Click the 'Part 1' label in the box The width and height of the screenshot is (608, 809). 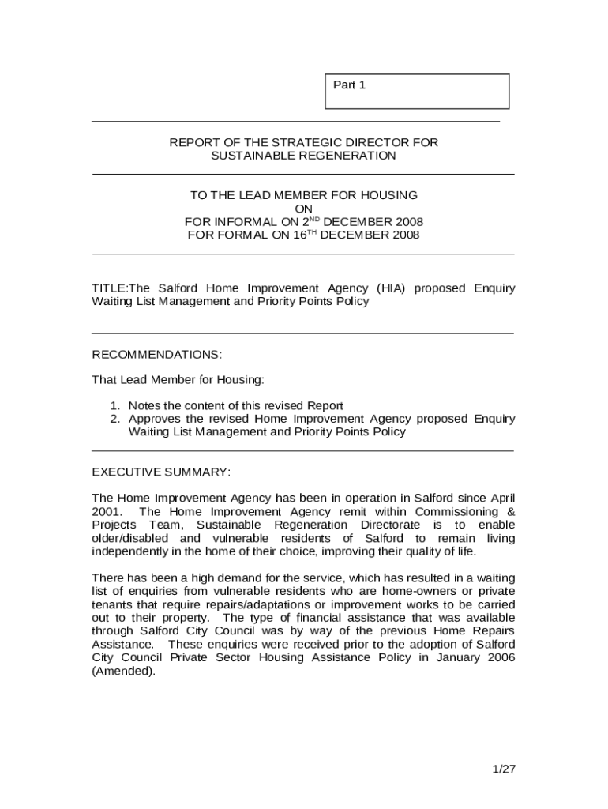pos(349,85)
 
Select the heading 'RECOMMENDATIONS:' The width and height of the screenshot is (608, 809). pos(157,354)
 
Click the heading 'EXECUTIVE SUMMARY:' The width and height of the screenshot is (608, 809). pos(161,472)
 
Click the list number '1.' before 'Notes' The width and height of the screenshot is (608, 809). pos(115,405)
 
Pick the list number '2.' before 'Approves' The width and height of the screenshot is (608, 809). pos(115,419)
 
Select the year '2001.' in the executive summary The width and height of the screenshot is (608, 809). pos(107,512)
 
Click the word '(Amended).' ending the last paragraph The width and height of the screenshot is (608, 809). pos(124,671)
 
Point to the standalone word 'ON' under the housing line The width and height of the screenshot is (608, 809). pos(303,209)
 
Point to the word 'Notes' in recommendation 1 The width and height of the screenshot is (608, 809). pos(145,405)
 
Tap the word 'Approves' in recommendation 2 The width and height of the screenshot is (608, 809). pos(155,419)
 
